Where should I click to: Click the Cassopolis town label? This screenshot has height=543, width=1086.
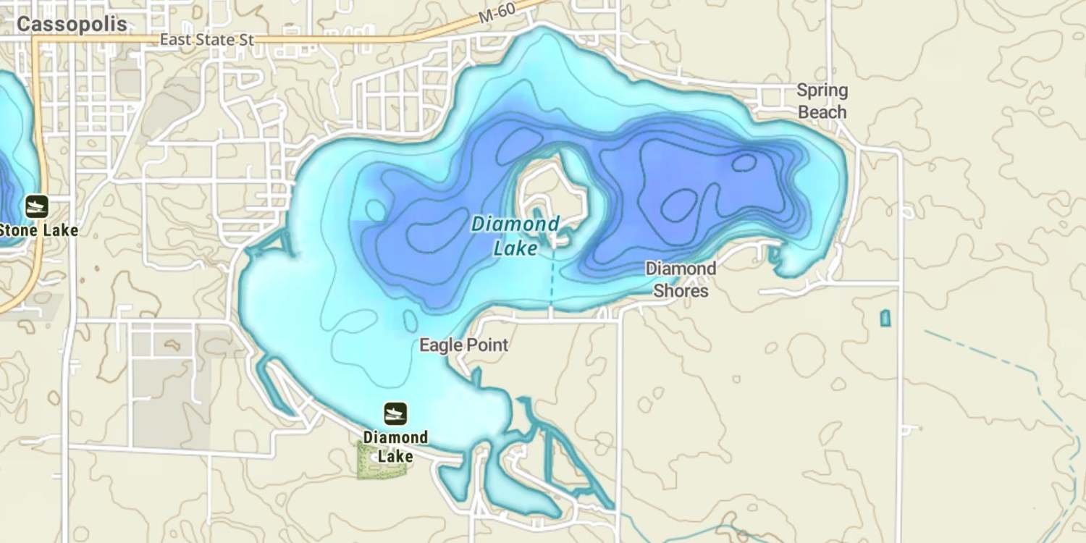pyautogui.click(x=72, y=25)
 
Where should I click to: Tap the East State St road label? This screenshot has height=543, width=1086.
pyautogui.click(x=207, y=40)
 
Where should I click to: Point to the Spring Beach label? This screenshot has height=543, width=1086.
pyautogui.click(x=822, y=101)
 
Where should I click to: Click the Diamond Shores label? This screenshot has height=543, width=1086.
pyautogui.click(x=681, y=279)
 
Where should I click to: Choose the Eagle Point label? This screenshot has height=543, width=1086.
pyautogui.click(x=464, y=345)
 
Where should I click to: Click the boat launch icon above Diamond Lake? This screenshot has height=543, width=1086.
pyautogui.click(x=395, y=413)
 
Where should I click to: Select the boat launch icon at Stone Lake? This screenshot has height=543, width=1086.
pyautogui.click(x=36, y=206)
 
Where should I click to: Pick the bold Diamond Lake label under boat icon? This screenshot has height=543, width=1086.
pyautogui.click(x=395, y=447)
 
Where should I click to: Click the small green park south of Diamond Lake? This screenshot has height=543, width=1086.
pyautogui.click(x=382, y=462)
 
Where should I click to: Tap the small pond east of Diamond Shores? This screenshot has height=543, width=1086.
pyautogui.click(x=885, y=318)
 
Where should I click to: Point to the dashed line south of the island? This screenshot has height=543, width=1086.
pyautogui.click(x=551, y=279)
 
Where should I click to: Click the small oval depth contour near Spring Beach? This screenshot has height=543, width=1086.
pyautogui.click(x=744, y=162)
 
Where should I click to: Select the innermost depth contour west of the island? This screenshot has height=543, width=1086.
pyautogui.click(x=434, y=232)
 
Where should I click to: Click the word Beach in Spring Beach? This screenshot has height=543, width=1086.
pyautogui.click(x=822, y=112)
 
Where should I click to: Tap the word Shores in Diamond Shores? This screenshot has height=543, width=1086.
pyautogui.click(x=681, y=291)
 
